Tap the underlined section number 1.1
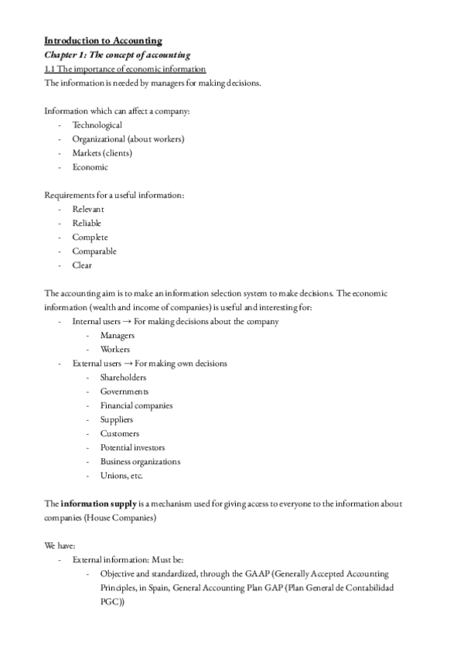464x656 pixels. coord(50,69)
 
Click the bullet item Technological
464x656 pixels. coord(97,125)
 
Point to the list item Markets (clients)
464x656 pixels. coord(101,152)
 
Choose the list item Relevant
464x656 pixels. coord(88,209)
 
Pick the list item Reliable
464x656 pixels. coord(87,223)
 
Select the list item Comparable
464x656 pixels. coord(94,251)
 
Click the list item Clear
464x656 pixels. coord(82,265)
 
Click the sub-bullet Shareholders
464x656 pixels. coord(123,378)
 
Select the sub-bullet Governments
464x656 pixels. coord(125,391)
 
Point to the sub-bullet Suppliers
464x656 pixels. coord(117,419)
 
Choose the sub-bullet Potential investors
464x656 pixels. coord(132,447)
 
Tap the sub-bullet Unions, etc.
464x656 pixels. coord(121,476)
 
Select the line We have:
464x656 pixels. coord(60,545)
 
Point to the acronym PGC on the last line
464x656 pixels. coord(110,602)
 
